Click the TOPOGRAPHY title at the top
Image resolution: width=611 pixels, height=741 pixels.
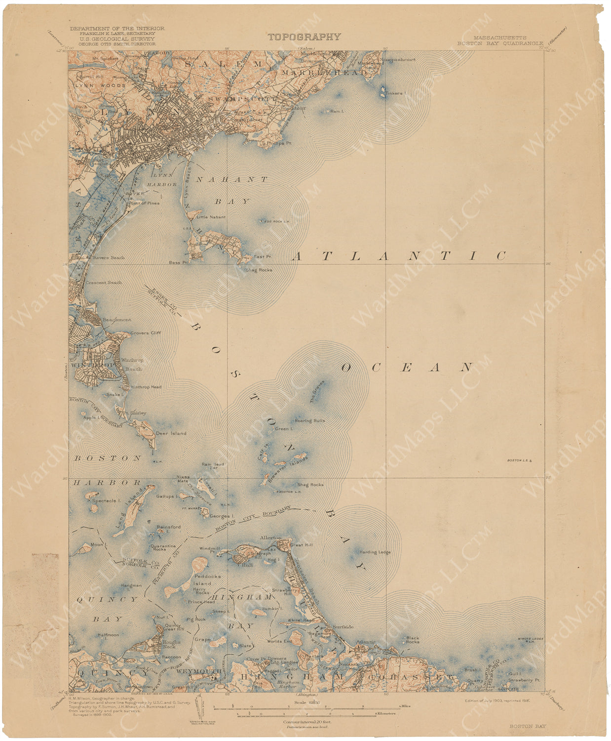pos(304,37)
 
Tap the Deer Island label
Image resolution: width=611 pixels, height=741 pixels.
pos(171,433)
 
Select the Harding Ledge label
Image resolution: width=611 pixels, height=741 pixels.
pos(375,552)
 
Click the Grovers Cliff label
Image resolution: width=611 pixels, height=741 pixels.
pos(146,333)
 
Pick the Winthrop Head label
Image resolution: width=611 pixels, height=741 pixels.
pos(146,387)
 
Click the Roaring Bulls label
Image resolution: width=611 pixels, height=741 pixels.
pos(310,421)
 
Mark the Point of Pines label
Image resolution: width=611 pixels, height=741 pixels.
pos(144,203)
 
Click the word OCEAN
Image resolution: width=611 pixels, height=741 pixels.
pos(408,368)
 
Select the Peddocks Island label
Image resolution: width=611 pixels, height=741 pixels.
pos(207,579)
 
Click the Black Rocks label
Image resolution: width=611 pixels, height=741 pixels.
pos(412,640)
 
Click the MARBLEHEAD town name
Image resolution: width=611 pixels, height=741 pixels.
pos(324,73)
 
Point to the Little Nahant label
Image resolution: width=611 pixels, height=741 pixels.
pos(211,217)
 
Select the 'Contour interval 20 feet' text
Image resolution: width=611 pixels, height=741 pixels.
pos(307,722)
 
